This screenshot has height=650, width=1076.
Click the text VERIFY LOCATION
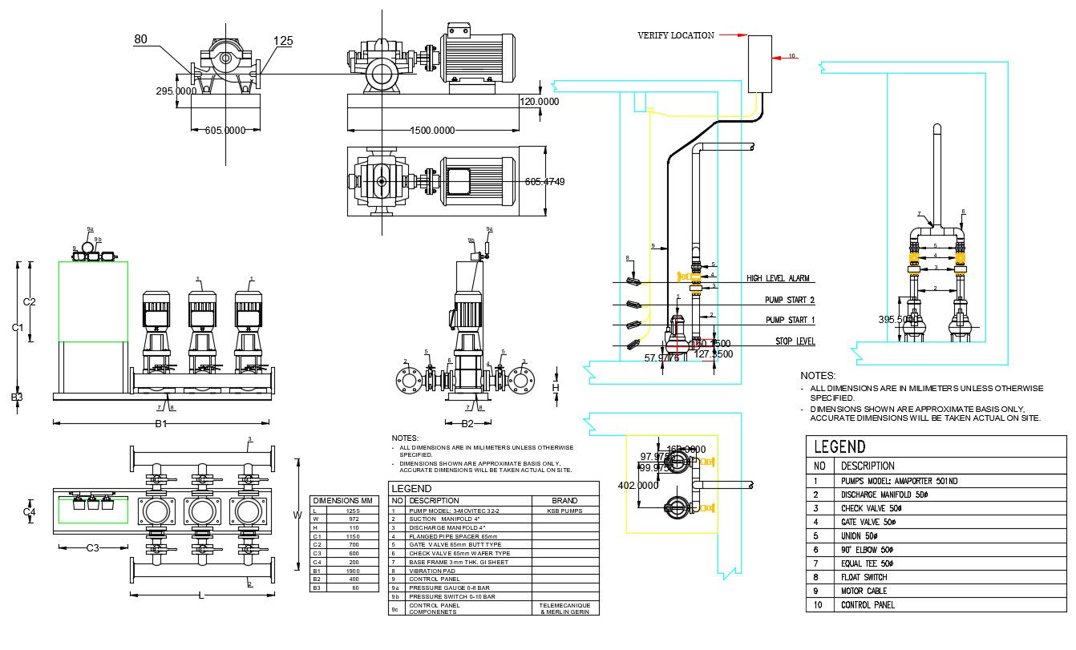pyautogui.click(x=675, y=35)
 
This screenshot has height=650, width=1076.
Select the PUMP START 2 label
pyautogui.click(x=790, y=300)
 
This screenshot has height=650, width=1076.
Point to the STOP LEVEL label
pyautogui.click(x=795, y=341)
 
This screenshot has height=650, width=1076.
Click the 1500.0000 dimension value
pyautogui.click(x=432, y=131)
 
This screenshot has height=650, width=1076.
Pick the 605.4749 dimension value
pyautogui.click(x=544, y=182)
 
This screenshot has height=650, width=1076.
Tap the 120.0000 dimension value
pyautogui.click(x=539, y=102)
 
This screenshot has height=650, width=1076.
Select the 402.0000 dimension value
pyautogui.click(x=638, y=486)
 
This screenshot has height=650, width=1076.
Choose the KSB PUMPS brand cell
pyautogui.click(x=564, y=511)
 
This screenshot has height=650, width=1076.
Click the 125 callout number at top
pyautogui.click(x=283, y=41)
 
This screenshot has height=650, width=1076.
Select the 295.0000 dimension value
pyautogui.click(x=176, y=91)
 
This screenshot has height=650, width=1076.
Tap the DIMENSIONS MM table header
pyautogui.click(x=343, y=500)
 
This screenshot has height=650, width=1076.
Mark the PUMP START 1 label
pyautogui.click(x=790, y=321)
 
